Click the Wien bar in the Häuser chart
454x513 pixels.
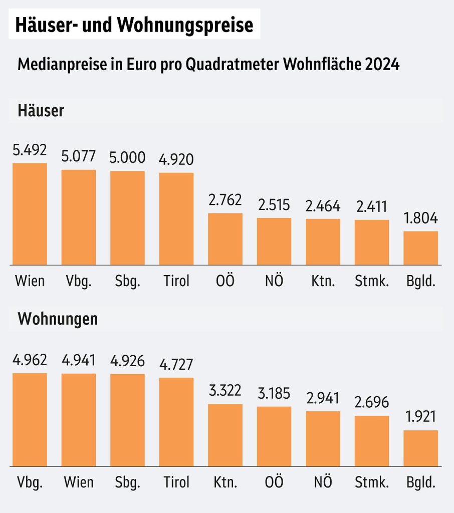30,214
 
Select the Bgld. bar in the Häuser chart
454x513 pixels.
420,248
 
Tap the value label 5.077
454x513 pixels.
79,157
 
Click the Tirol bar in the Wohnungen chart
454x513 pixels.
176,422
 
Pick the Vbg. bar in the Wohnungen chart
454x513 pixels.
30,420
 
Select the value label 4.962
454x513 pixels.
30,360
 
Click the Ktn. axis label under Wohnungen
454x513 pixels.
225,482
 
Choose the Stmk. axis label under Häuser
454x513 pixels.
372,281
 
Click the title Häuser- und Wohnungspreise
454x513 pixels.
134,25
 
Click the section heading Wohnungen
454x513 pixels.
58,319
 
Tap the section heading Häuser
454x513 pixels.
41,110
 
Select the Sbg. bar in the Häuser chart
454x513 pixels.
127,218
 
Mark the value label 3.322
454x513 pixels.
225,391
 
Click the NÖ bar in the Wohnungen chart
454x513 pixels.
323,439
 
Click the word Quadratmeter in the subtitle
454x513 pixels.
232,65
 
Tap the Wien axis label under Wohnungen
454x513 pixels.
79,482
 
